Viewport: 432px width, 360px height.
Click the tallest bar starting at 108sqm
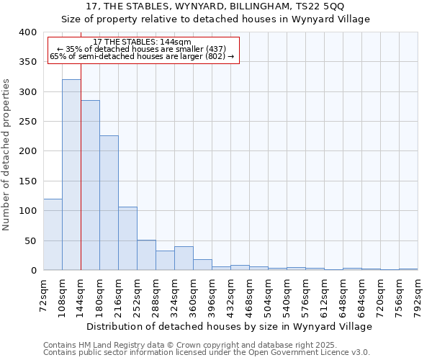tap(71, 175)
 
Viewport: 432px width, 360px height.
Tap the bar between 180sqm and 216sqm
tap(109, 203)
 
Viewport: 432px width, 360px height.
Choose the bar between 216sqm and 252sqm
tap(127, 238)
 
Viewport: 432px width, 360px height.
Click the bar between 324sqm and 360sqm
tap(184, 258)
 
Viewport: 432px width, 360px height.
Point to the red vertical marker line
tap(81, 166)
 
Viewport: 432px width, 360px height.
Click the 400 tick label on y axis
tap(27, 32)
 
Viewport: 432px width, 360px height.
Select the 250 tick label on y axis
tap(27, 122)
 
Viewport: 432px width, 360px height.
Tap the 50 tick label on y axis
tap(30, 240)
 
